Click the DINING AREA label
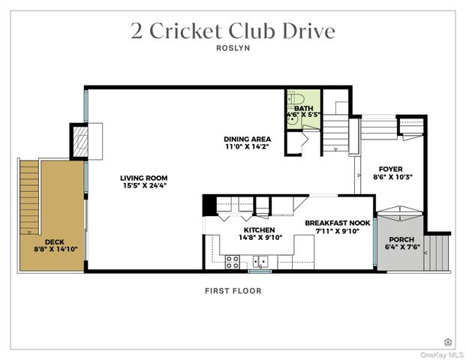click(x=247, y=139)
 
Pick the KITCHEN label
click(x=258, y=229)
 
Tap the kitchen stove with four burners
click(x=233, y=262)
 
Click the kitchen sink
click(x=261, y=262)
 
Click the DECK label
click(x=54, y=241)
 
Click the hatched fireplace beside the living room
click(x=79, y=141)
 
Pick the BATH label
click(x=303, y=109)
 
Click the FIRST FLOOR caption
click(x=233, y=291)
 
